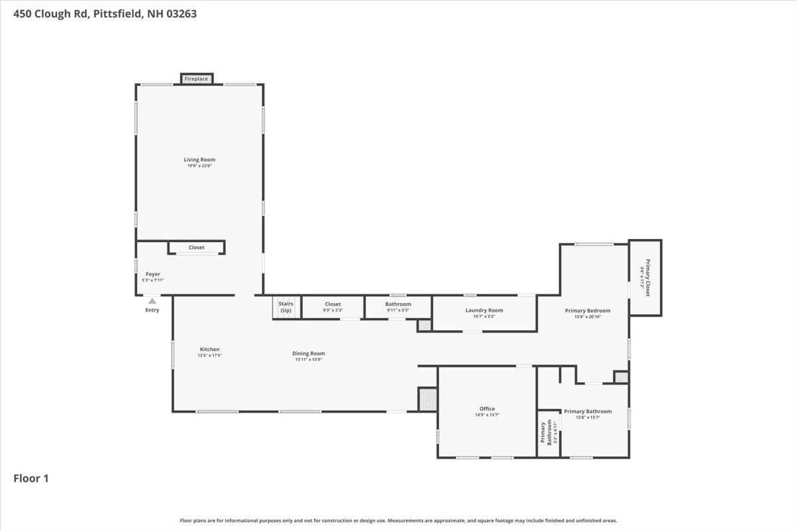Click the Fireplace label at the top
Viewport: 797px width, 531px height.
click(197, 79)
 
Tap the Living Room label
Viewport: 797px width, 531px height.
click(199, 159)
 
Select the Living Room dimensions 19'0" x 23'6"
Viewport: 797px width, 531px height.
click(199, 166)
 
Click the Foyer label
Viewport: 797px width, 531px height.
click(153, 274)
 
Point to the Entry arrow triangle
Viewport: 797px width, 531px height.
click(152, 301)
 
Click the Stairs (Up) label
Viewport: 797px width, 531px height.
click(286, 307)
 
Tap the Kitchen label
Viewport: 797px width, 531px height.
click(209, 349)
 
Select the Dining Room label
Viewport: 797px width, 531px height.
click(309, 353)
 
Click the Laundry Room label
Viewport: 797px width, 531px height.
click(484, 310)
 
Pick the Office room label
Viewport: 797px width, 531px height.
click(487, 409)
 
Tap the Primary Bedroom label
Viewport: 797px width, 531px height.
click(587, 310)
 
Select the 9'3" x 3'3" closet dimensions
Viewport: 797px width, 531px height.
click(333, 310)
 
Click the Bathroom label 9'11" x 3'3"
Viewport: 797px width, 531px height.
click(398, 305)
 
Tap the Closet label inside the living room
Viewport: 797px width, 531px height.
click(197, 248)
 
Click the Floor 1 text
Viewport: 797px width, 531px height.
click(31, 478)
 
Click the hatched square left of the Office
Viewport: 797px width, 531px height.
click(427, 399)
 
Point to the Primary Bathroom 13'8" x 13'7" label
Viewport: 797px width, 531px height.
click(587, 412)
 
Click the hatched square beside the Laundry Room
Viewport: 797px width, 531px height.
click(424, 325)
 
